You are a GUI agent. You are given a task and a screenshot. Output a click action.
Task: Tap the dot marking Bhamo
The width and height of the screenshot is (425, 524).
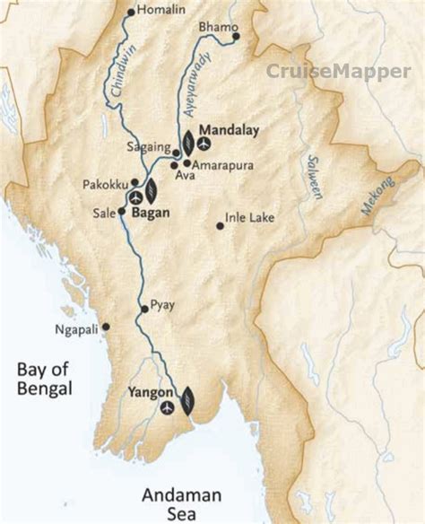(x=236, y=37)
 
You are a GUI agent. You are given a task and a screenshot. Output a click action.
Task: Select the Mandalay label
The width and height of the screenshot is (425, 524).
(x=230, y=130)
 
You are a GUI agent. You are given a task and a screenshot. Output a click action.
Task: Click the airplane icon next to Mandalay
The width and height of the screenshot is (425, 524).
(x=204, y=143)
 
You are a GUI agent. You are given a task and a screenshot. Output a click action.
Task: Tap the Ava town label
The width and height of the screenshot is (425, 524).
(x=185, y=175)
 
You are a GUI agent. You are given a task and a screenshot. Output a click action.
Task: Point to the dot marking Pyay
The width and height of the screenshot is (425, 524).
(x=142, y=309)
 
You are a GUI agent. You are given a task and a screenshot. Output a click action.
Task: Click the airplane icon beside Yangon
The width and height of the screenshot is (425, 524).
(x=168, y=408)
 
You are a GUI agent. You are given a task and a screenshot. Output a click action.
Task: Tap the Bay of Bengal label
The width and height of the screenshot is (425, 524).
(x=44, y=378)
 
